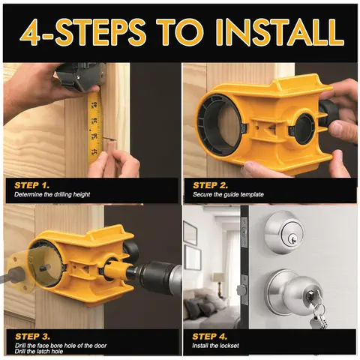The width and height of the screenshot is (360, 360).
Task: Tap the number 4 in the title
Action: [30, 33]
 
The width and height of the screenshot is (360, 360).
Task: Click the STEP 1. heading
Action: [32, 185]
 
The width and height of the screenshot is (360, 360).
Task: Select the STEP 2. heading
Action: [210, 185]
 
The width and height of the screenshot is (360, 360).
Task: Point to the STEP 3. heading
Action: [32, 337]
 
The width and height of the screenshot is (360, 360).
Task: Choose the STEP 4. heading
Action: [209, 337]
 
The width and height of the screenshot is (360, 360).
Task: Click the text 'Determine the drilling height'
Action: [52, 194]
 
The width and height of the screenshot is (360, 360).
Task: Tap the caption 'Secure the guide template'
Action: [228, 194]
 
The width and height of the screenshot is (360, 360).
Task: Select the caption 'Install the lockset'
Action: [215, 346]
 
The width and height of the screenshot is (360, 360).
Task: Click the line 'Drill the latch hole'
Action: [39, 352]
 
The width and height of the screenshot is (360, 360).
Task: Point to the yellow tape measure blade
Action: [94, 127]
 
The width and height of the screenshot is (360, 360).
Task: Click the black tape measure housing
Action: [79, 76]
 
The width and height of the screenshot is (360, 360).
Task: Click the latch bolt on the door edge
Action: [241, 290]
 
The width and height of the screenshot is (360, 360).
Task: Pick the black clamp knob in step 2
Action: [328, 112]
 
